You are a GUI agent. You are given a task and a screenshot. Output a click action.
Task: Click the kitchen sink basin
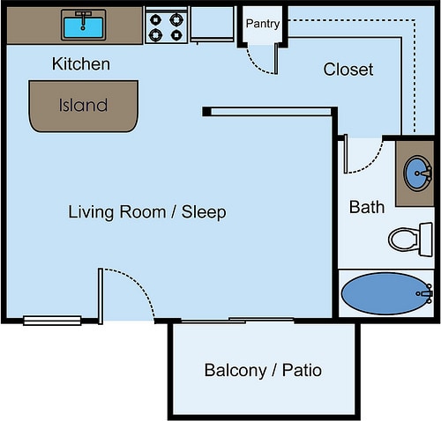(84, 27)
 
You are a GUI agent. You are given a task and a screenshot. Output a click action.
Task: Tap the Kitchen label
(81, 63)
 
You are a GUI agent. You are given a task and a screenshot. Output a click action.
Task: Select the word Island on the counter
(83, 105)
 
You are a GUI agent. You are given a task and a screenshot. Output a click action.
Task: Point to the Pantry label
(263, 24)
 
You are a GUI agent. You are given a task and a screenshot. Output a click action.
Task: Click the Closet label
(348, 70)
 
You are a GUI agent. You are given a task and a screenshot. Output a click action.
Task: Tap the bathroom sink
(417, 174)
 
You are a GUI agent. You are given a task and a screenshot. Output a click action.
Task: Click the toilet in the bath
(410, 240)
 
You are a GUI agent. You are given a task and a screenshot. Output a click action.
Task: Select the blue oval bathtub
(386, 293)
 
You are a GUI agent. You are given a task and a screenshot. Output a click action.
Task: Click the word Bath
(367, 207)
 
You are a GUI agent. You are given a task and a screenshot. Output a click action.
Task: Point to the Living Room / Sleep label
(147, 212)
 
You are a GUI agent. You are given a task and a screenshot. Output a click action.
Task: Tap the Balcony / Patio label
(263, 370)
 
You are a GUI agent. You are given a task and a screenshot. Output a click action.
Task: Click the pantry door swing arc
(256, 66)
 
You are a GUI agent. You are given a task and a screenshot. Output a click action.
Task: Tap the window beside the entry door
(52, 321)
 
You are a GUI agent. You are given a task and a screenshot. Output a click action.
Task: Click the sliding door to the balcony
(237, 321)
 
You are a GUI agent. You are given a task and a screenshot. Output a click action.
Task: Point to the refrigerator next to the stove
(213, 25)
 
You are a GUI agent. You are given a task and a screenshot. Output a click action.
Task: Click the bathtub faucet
(425, 293)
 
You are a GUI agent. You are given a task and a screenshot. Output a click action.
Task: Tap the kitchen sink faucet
(84, 19)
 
